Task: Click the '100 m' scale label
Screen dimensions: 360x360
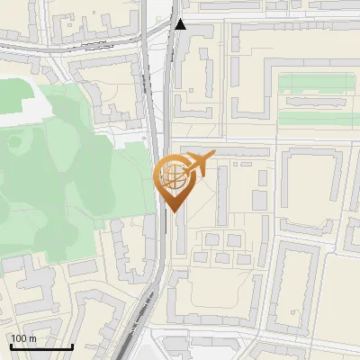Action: click(x=24, y=338)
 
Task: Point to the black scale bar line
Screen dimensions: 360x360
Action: click(x=41, y=346)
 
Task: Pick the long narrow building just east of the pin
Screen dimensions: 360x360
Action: click(x=222, y=193)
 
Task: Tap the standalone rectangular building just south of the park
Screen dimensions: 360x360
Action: click(x=83, y=267)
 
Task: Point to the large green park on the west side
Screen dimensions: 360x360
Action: click(x=63, y=180)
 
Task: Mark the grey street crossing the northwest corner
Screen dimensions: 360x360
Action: click(x=27, y=44)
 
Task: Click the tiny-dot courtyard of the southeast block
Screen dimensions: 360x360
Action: click(x=297, y=288)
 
